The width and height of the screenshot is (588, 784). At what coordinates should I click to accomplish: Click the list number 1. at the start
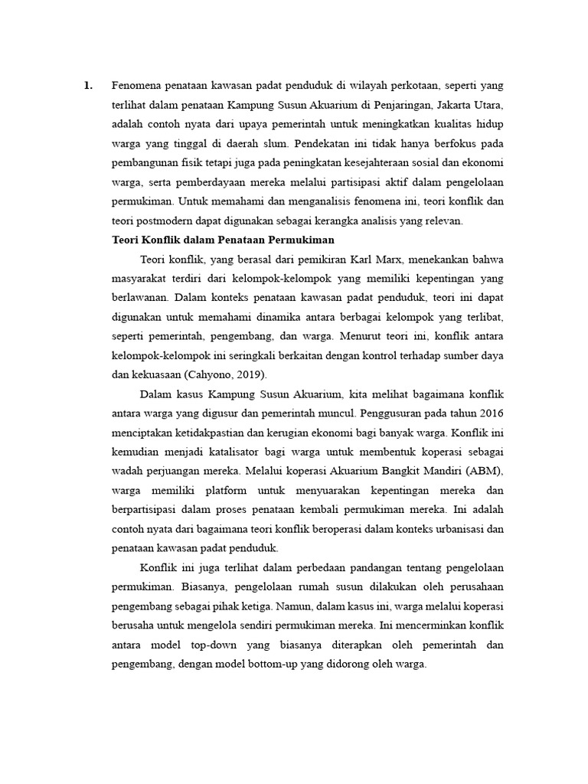[x=88, y=85]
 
